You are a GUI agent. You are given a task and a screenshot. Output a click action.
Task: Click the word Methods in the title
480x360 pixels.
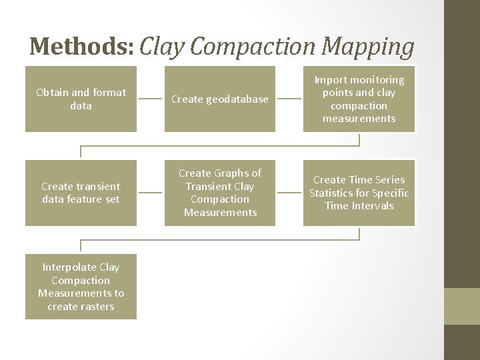(x=81, y=46)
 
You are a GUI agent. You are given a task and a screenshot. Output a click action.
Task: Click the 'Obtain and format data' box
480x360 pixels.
(x=81, y=99)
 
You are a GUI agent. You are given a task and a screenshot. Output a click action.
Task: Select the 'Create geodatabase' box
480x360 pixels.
(x=220, y=99)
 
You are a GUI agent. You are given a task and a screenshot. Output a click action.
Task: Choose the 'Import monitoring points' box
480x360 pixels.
(x=359, y=99)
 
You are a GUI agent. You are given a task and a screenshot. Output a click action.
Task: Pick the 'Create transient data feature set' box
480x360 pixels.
(x=81, y=193)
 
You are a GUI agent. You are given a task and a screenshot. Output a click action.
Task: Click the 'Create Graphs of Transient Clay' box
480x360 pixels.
(x=220, y=193)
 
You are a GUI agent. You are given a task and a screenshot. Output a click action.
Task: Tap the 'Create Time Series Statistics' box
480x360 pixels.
(x=359, y=193)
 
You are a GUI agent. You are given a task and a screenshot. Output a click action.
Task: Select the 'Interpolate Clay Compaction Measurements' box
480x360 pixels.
(x=81, y=287)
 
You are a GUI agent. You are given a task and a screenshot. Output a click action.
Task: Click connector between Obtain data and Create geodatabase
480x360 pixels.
(x=151, y=99)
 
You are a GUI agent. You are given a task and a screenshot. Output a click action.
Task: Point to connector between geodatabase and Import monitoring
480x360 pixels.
(x=289, y=99)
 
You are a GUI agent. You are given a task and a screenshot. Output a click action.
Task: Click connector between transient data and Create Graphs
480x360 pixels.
(x=151, y=193)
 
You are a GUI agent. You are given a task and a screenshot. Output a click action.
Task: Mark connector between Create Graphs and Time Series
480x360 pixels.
(x=289, y=193)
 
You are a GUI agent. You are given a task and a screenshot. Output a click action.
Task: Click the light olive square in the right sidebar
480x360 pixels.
(x=461, y=306)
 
